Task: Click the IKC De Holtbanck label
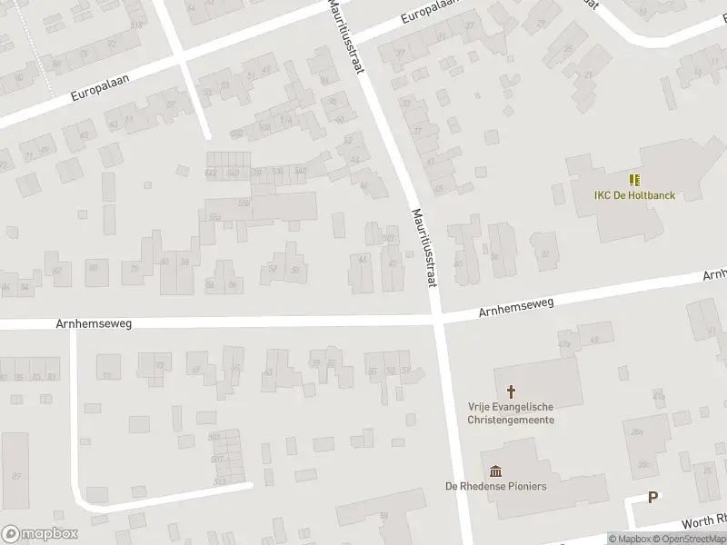[609, 195]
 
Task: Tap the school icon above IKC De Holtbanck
[633, 179]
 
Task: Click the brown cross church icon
[512, 391]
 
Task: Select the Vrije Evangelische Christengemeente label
[512, 413]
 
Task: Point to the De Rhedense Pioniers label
[496, 486]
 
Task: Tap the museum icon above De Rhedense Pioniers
[496, 470]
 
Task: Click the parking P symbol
[652, 497]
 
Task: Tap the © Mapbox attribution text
[631, 539]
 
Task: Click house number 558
[244, 202]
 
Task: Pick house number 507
[214, 437]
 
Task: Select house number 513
[218, 481]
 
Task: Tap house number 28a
[637, 431]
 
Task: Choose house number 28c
[643, 464]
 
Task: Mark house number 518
[137, 25]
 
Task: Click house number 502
[389, 238]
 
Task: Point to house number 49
[195, 370]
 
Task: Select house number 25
[568, 50]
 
